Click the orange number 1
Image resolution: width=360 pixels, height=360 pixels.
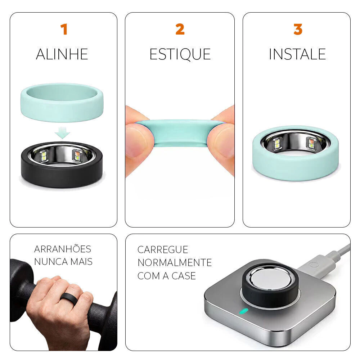tap(64, 29)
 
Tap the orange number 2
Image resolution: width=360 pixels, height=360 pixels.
tap(180, 29)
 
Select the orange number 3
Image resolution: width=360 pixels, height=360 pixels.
tap(298, 29)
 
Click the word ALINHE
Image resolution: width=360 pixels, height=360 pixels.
tap(62, 54)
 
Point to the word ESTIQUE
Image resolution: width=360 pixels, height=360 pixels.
tap(180, 55)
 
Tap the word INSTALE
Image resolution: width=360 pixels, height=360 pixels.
tap(297, 54)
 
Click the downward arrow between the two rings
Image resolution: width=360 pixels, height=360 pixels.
tap(62, 132)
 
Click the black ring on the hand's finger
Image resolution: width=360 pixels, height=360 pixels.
tap(68, 298)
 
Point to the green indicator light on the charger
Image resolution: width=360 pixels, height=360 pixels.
tap(244, 311)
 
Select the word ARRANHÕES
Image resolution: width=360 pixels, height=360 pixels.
tap(62, 249)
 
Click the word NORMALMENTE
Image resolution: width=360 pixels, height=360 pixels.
tap(175, 263)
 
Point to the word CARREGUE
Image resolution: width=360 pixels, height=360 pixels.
tap(163, 250)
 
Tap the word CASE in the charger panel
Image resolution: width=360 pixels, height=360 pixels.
tap(184, 276)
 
